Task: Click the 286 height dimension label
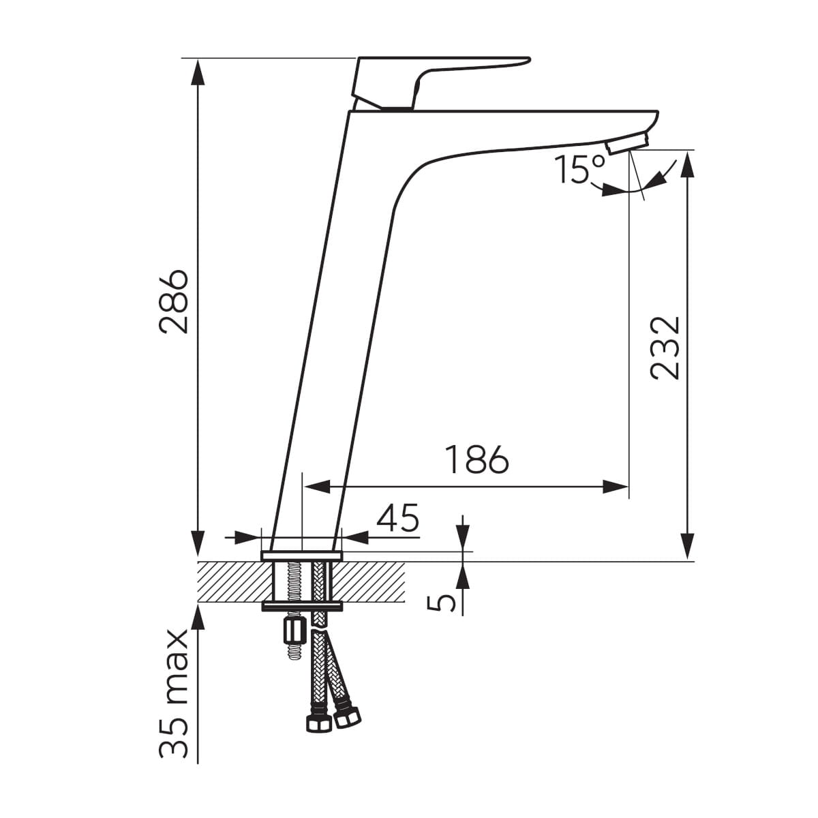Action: [173, 302]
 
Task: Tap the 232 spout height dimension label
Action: [665, 348]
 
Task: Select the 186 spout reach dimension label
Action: [476, 459]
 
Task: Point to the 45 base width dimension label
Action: [397, 518]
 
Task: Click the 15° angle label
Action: [580, 169]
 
